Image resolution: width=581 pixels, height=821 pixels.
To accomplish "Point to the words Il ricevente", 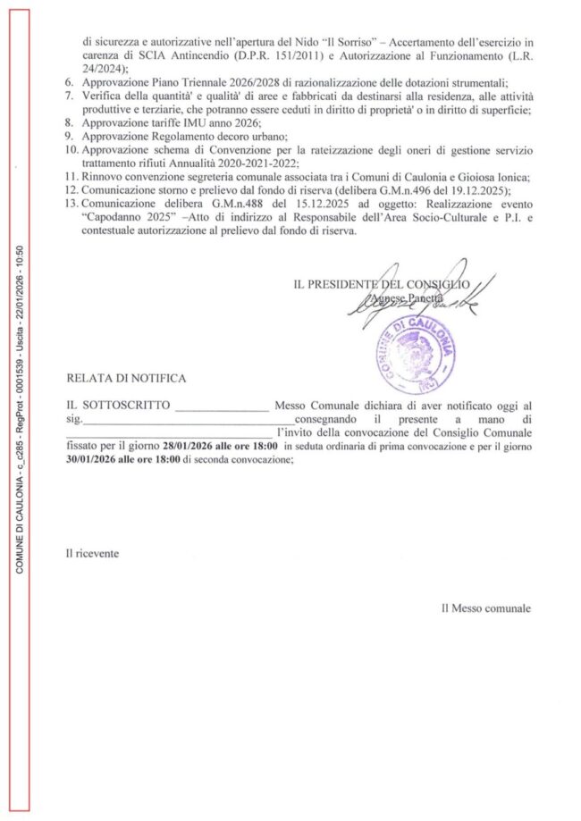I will point(91,553).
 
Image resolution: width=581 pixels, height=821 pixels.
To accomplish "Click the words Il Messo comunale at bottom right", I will point(485,608).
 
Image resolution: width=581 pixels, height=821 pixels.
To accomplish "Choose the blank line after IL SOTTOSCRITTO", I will point(222,406).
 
